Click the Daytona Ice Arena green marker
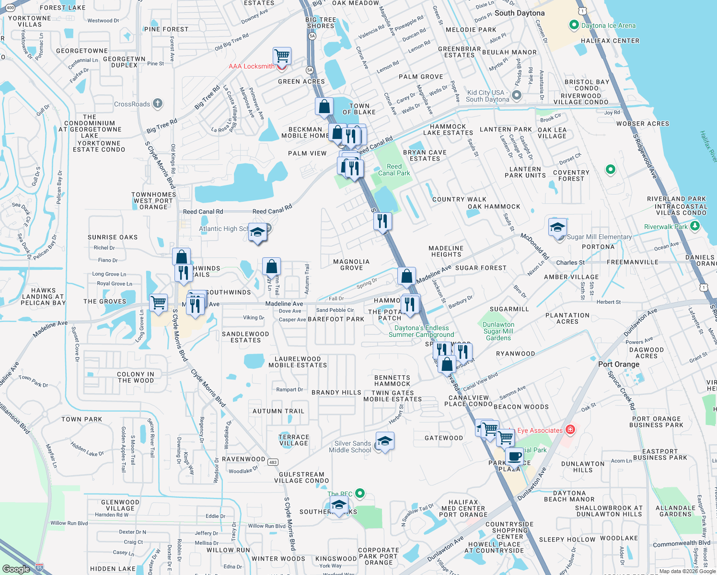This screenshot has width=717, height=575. pos(574,25)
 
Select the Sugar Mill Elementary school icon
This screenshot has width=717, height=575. pos(557,228)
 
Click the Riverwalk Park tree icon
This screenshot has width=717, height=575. pos(695,226)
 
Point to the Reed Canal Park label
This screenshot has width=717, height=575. pos(394,170)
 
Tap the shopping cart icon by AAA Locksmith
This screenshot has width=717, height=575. pos(282,56)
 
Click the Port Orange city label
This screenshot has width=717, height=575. pos(618,364)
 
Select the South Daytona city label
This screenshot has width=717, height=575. pos(520,13)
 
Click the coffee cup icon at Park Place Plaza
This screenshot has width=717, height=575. pos(514,456)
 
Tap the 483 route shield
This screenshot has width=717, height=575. pos(273,462)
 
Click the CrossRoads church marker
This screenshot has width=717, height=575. pos(158,103)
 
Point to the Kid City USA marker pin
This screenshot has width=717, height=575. pos(516,95)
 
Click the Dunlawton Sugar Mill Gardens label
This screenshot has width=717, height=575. pos(498,331)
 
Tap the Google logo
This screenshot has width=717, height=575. pos(16,569)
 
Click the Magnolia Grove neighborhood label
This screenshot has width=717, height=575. pos(351,265)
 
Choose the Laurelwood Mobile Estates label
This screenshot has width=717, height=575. pos(298,362)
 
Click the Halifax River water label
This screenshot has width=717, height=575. pos(708,146)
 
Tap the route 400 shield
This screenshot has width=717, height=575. pos(10,8)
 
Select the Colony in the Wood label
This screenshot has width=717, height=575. pos(136,377)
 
